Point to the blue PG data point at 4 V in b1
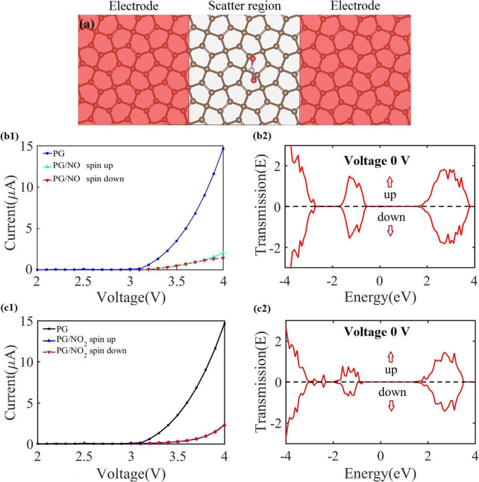click(x=222, y=148)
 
